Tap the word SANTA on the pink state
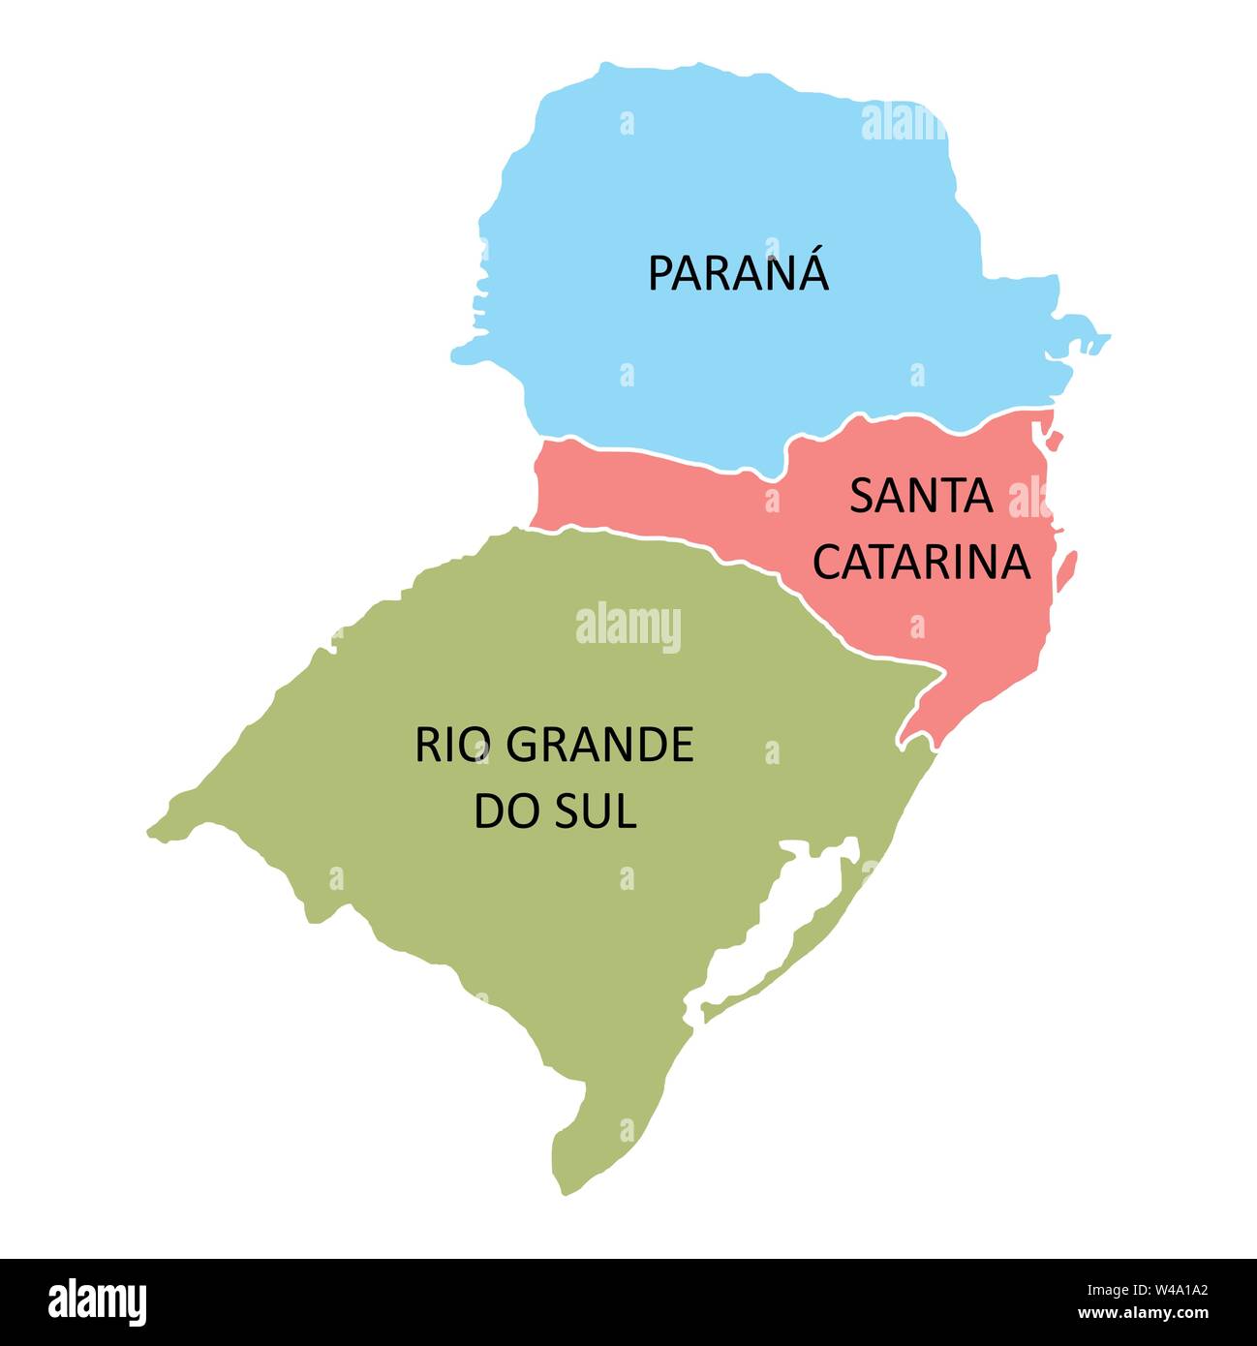coord(921,497)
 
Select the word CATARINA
coord(921,563)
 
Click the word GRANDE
coord(599,745)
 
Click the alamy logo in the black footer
coord(98,1301)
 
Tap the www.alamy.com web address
coord(1143,1314)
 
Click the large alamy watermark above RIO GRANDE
coord(628,627)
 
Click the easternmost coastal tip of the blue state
coord(1107,337)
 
